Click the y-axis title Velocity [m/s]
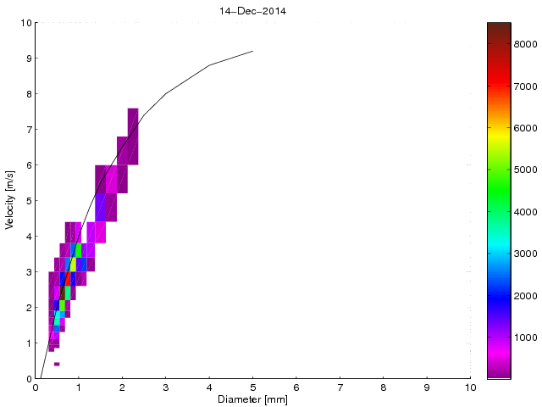click(9, 201)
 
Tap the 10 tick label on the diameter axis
click(470, 387)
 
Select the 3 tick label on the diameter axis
click(165, 387)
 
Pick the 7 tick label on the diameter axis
click(340, 387)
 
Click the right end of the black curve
click(252, 51)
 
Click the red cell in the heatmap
click(69, 278)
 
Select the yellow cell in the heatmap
click(74, 264)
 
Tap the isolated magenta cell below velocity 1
click(57, 364)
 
